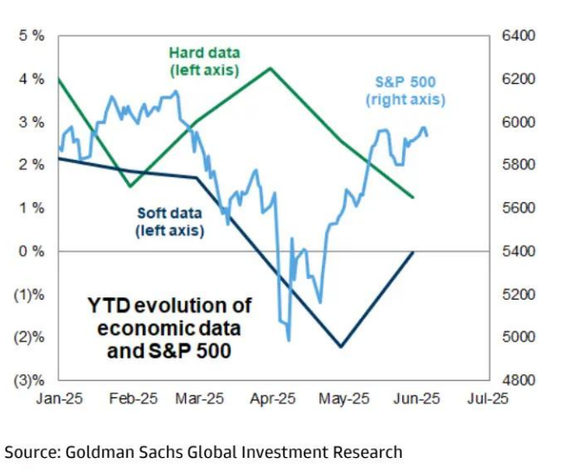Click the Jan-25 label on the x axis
tap(58, 399)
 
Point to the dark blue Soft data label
tap(170, 222)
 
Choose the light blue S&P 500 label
tap(405, 91)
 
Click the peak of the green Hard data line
tap(271, 68)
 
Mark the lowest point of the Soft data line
tap(341, 346)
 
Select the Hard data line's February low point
tap(129, 186)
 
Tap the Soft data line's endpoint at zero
tap(413, 251)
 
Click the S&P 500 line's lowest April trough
tap(288, 340)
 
